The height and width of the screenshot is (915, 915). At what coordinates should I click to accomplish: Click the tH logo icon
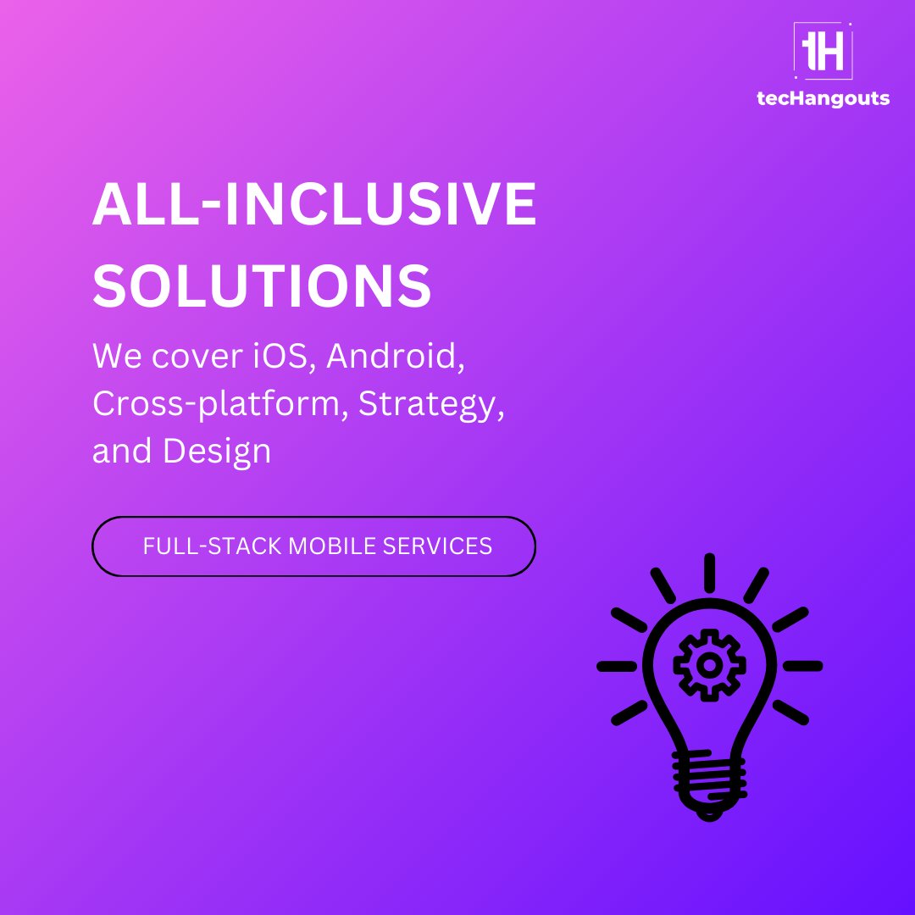coord(823,51)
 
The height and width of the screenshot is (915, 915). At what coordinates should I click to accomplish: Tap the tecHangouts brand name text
coord(823,98)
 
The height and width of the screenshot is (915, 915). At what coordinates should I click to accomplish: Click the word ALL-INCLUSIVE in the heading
coord(314,205)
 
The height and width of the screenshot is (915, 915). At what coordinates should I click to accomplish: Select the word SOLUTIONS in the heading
coord(263,285)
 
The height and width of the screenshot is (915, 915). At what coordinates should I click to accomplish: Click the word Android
coord(396,356)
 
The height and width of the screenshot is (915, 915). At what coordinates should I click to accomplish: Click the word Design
coord(217,451)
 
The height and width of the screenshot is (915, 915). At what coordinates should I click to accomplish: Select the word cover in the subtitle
coord(185,357)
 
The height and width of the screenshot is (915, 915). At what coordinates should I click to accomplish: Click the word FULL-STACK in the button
coord(212,546)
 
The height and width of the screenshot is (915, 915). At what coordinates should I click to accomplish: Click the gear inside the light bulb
coord(709,665)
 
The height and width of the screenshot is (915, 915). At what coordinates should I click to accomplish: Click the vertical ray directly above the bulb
coord(709,572)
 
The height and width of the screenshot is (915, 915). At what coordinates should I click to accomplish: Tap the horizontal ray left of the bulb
coord(616,666)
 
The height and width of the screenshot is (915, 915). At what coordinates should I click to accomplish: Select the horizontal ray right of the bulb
coord(802,666)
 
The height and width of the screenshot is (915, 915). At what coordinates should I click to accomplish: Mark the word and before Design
coord(122,451)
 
